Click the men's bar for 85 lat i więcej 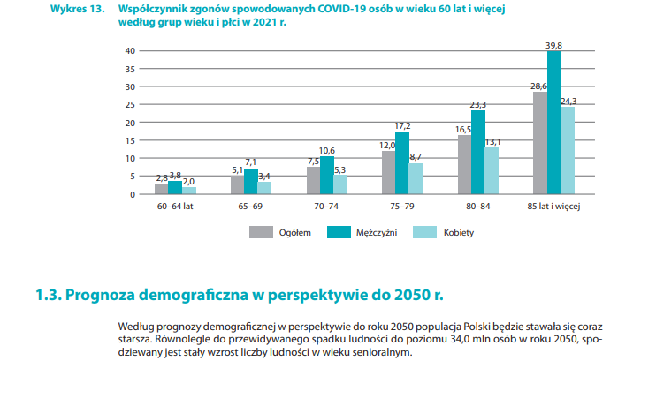554,123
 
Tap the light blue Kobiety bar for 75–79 416,178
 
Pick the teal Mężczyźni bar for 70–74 327,175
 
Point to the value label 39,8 554,44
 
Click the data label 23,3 478,104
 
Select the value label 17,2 402,126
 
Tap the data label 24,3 568,101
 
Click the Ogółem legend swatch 261,232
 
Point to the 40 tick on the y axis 130,50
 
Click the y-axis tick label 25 130,104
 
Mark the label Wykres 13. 76,8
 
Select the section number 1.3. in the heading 48,293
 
